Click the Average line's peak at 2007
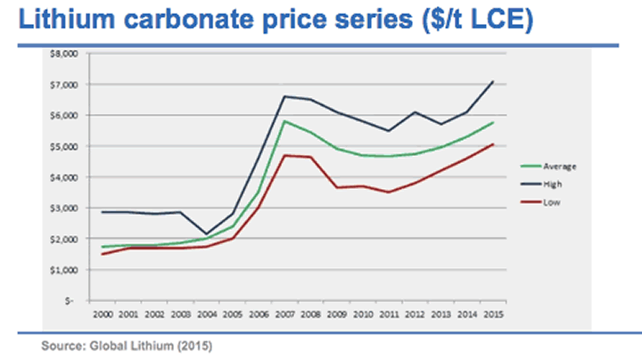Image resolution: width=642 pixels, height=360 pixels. pyautogui.click(x=285, y=121)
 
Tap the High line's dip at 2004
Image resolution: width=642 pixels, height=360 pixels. pyautogui.click(x=206, y=234)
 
